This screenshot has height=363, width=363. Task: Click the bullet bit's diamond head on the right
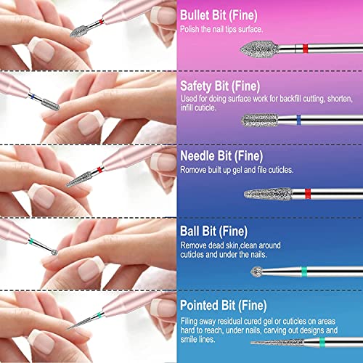coord(255,47)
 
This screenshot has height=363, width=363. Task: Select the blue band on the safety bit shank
coord(298,120)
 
